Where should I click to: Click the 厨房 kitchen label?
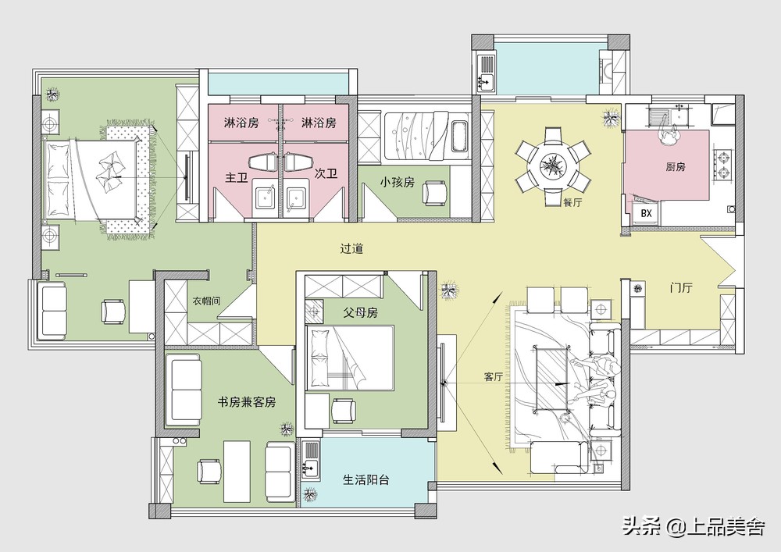click(x=654, y=167)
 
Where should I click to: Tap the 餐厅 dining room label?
click(x=572, y=202)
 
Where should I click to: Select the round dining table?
click(x=553, y=165)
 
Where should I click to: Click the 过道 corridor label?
click(x=351, y=250)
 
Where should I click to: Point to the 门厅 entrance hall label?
click(x=681, y=288)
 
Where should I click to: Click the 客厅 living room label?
click(x=493, y=377)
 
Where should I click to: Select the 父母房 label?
click(x=360, y=312)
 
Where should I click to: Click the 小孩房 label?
click(x=397, y=181)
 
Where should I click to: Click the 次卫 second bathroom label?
click(x=326, y=176)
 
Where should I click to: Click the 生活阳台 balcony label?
click(x=366, y=480)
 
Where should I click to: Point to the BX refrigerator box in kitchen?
click(x=646, y=213)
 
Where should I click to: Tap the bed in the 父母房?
click(x=349, y=358)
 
